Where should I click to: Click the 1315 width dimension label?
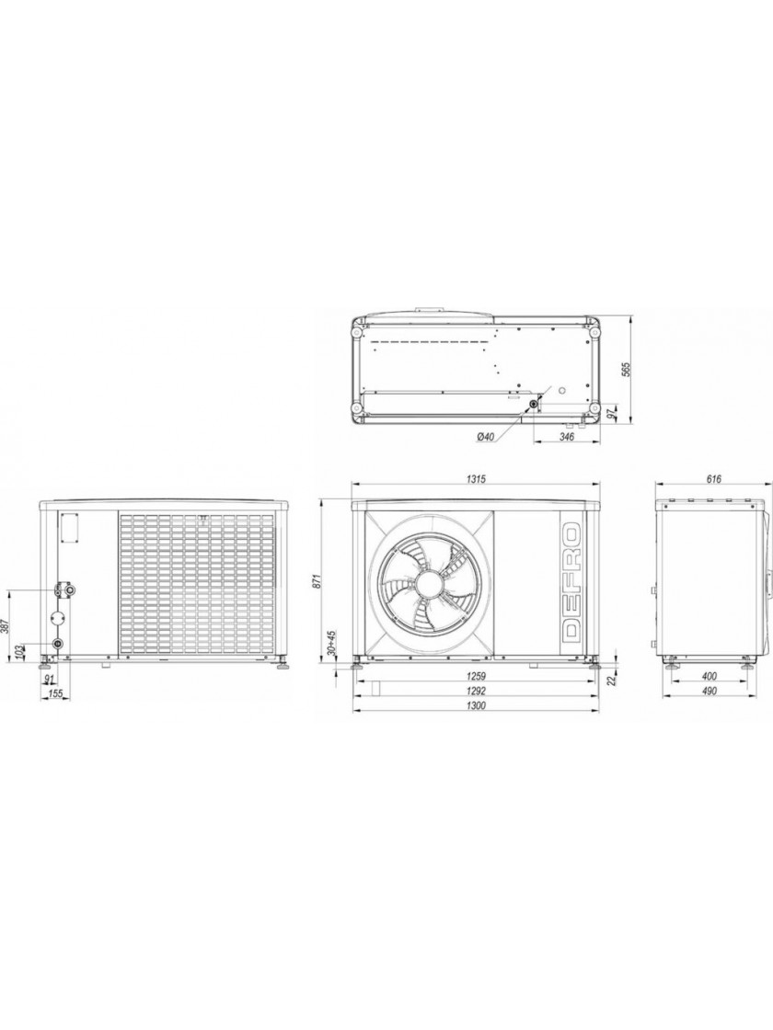click(x=476, y=479)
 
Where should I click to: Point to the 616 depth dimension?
click(x=714, y=479)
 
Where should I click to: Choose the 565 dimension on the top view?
click(x=626, y=370)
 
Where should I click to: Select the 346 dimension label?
click(x=567, y=436)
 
